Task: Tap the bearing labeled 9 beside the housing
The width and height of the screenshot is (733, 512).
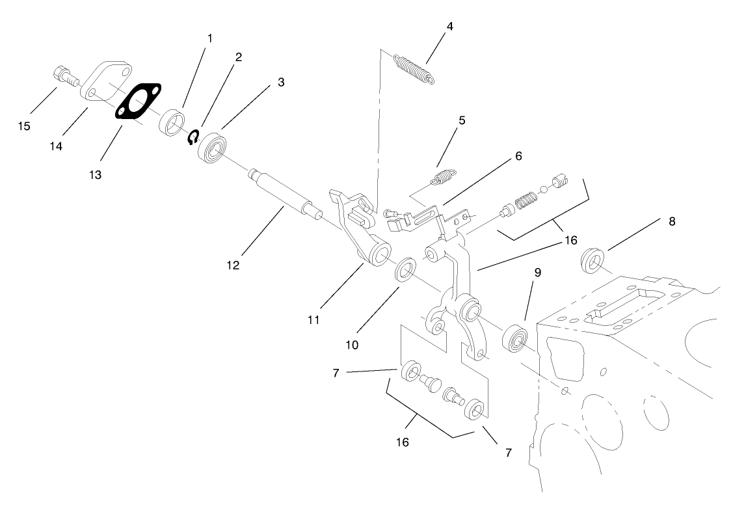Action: tap(518, 337)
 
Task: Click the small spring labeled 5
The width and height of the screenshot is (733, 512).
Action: tap(444, 176)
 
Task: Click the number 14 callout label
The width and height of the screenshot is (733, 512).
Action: tap(56, 147)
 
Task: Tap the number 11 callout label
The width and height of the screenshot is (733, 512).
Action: tap(313, 321)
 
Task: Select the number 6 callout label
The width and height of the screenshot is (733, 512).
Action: tap(518, 156)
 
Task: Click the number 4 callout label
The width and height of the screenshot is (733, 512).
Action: tap(449, 27)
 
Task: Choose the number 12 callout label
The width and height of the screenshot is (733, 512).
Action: tap(233, 265)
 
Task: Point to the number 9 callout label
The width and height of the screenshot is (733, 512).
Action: tap(537, 274)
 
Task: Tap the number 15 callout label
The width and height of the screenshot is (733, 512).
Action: tap(24, 126)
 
